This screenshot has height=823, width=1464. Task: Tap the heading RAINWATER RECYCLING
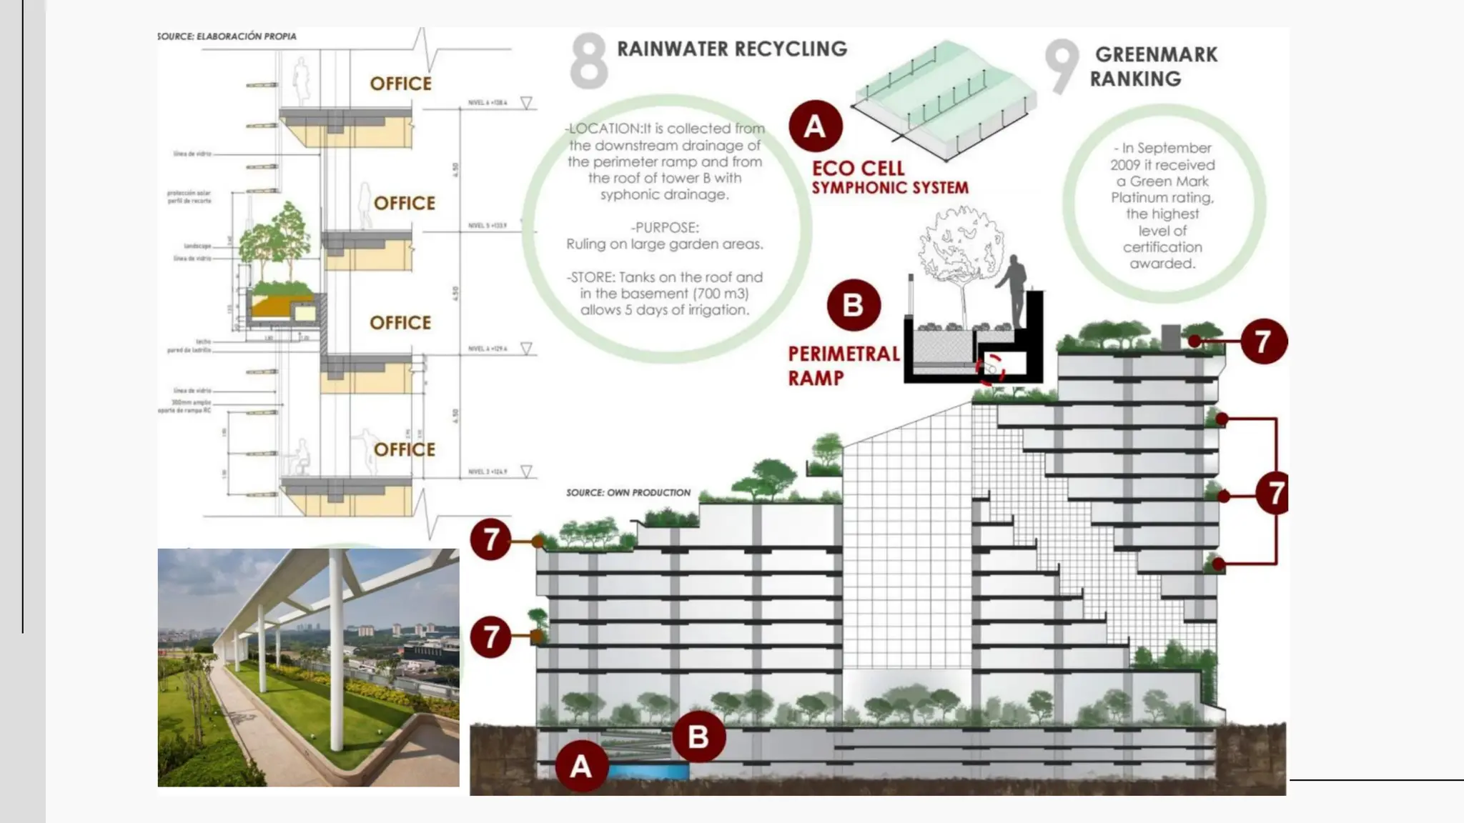(x=732, y=49)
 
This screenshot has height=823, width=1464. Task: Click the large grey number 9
(x=1062, y=66)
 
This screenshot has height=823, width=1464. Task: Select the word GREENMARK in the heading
(x=1156, y=54)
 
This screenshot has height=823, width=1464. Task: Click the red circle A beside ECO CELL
(x=815, y=126)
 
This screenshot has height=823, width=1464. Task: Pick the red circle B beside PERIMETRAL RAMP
(x=853, y=305)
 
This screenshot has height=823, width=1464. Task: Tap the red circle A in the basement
(x=581, y=766)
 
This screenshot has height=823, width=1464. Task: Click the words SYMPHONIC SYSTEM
(x=890, y=188)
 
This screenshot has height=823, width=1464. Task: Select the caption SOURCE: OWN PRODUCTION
(x=628, y=492)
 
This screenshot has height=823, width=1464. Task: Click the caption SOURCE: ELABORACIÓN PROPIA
(x=227, y=36)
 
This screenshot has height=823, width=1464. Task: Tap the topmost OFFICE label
(x=400, y=84)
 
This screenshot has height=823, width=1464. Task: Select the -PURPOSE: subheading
(x=665, y=227)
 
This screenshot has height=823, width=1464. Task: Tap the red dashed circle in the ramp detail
(x=991, y=369)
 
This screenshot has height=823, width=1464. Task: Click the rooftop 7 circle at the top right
(x=1262, y=341)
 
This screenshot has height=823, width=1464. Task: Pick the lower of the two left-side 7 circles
(x=490, y=637)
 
